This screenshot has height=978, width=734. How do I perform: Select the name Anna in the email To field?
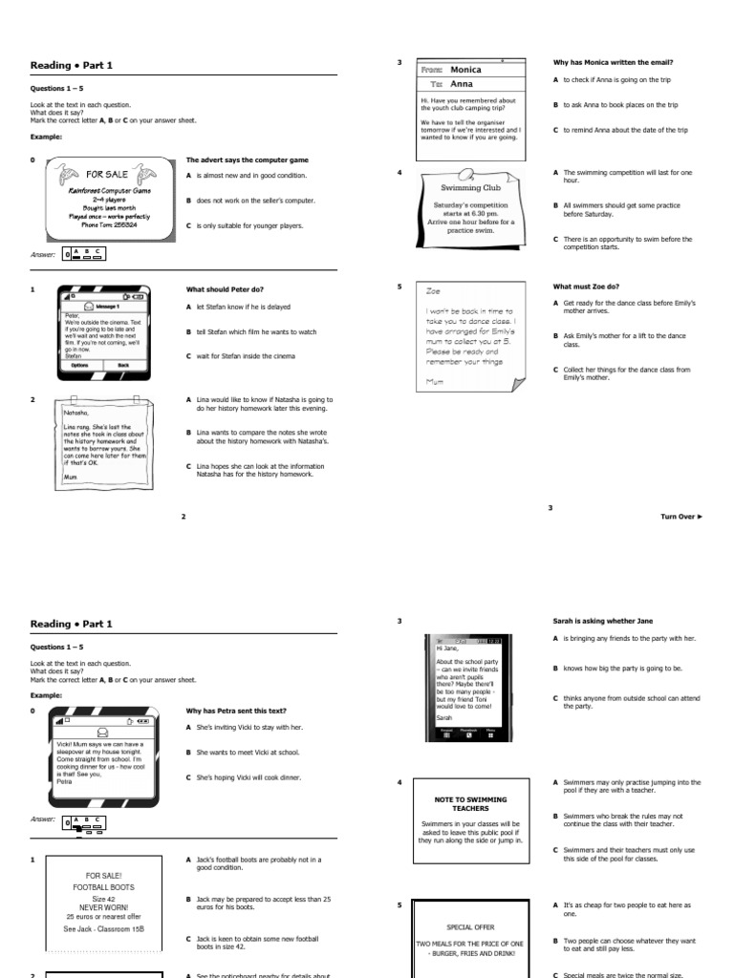(x=462, y=84)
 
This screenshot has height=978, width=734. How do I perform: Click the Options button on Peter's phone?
(x=79, y=365)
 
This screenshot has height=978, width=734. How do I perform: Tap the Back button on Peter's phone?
(x=123, y=365)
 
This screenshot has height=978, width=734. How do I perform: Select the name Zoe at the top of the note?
(x=434, y=290)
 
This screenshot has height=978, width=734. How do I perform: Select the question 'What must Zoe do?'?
(x=586, y=287)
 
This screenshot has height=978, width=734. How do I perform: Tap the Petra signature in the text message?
(x=64, y=781)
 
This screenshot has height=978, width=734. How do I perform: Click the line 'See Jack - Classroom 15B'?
(x=107, y=928)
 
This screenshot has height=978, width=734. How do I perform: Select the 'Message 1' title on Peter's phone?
(x=105, y=306)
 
